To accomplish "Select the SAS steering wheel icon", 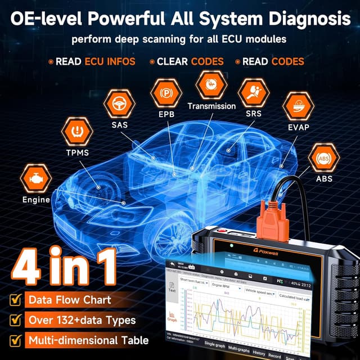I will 120,104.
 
